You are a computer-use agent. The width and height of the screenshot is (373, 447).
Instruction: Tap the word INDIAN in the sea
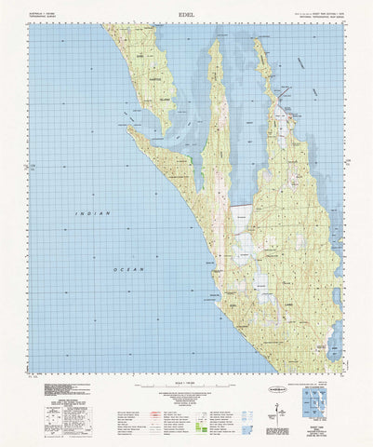point(93,214)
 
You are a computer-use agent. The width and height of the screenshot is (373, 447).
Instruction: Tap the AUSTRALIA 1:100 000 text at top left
point(44,12)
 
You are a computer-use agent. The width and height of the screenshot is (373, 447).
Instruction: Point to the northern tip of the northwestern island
point(109,29)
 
